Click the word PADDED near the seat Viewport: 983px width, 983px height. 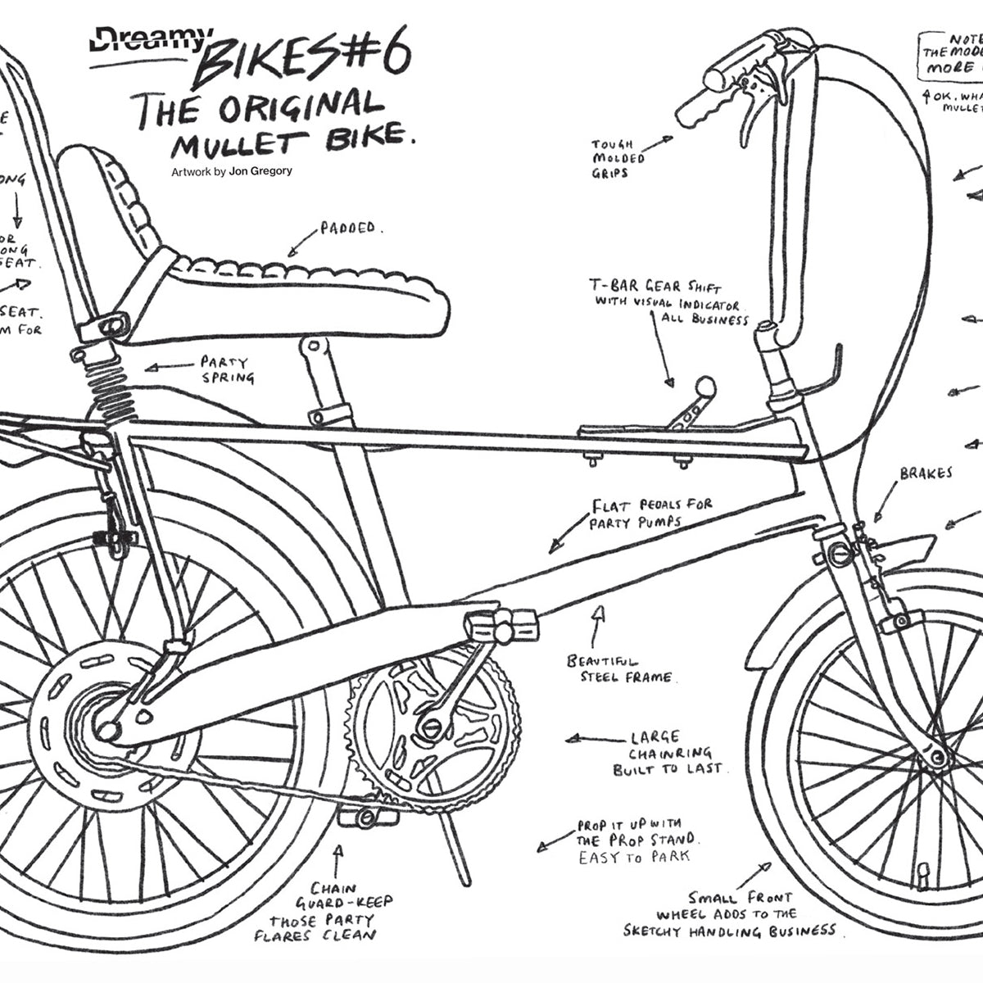[x=347, y=229]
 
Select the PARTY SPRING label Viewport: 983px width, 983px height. [x=226, y=369]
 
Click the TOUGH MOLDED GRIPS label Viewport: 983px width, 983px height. [x=618, y=159]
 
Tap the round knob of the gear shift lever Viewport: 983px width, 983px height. [x=704, y=385]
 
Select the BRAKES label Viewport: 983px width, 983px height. [x=926, y=473]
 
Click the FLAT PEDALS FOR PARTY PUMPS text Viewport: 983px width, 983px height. [x=651, y=513]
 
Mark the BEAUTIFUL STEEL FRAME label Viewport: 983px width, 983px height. [x=619, y=668]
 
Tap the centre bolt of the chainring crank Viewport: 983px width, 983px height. [x=431, y=725]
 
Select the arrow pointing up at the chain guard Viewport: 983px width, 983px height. [x=337, y=860]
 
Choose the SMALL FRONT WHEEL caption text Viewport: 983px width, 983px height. [x=729, y=913]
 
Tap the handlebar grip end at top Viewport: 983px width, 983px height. [x=714, y=79]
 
